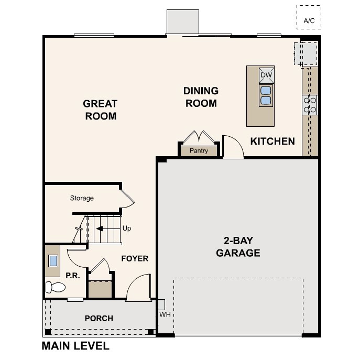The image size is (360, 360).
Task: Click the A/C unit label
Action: point(309,21)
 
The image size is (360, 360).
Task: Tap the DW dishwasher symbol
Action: point(266,75)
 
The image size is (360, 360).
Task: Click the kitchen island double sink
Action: point(266,95)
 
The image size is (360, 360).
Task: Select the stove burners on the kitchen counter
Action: point(310,105)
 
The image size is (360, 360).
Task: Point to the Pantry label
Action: point(199,150)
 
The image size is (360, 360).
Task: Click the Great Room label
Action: point(100,110)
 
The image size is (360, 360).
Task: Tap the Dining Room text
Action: point(201,97)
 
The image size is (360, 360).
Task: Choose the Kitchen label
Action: point(272,141)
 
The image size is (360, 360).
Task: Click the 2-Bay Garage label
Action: point(238,247)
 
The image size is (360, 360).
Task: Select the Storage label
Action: point(82,198)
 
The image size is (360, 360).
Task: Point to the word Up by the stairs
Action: point(127,228)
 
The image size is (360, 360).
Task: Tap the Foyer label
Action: point(135,258)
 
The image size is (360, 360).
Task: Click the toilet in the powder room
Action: point(56,287)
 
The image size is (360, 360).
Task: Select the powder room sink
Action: point(53,261)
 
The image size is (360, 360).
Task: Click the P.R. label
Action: point(73,276)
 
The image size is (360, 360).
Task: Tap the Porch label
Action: point(99,318)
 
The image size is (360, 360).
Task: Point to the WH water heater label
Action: point(165,314)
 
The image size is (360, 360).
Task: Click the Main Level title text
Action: point(75,346)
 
